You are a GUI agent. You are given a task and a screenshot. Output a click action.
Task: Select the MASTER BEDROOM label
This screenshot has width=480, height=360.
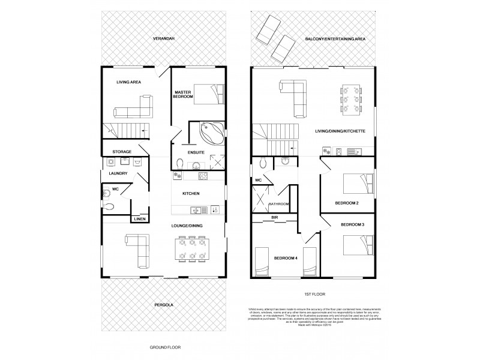click(x=182, y=94)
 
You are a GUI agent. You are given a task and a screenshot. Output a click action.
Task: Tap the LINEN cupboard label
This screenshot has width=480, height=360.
click(x=139, y=219)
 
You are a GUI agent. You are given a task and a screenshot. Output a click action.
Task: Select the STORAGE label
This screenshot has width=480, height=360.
click(x=122, y=151)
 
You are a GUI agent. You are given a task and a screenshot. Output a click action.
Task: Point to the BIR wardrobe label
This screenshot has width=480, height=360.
click(x=275, y=217)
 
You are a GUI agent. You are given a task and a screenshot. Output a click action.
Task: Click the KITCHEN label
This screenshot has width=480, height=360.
click(x=191, y=193)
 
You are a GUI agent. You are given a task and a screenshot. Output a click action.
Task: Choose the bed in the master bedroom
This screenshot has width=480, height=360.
click(x=208, y=94)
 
